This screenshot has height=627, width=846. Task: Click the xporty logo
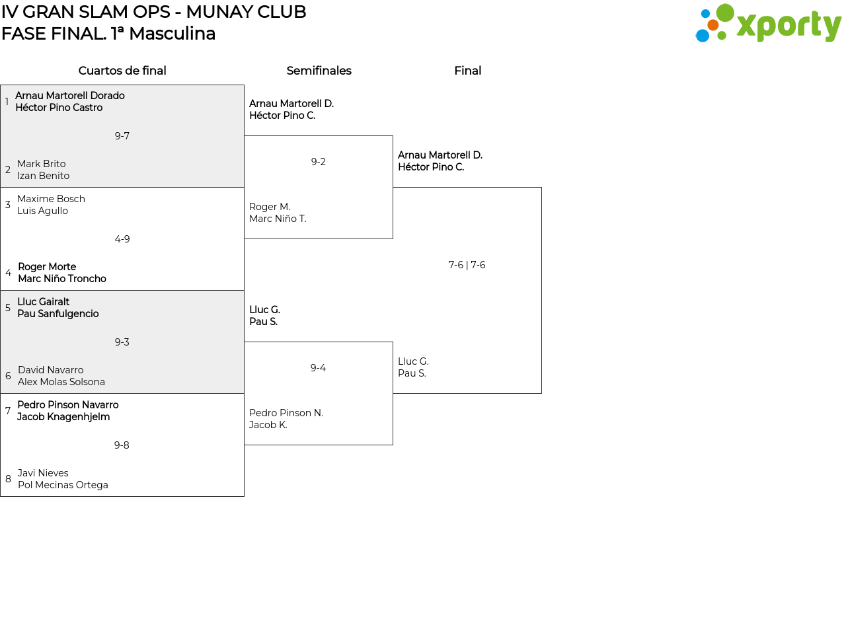pyautogui.click(x=768, y=24)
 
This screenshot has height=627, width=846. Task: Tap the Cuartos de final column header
pyautogui.click(x=122, y=71)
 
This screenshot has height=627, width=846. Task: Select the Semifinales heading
pyautogui.click(x=319, y=71)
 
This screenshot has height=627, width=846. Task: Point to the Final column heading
pyautogui.click(x=467, y=71)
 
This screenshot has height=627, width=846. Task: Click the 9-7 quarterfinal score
pyautogui.click(x=122, y=136)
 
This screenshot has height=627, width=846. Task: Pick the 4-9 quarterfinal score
pyautogui.click(x=122, y=239)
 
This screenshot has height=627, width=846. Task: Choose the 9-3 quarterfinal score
pyautogui.click(x=122, y=342)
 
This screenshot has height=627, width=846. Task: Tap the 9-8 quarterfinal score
pyautogui.click(x=122, y=445)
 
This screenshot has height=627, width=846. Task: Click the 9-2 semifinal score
pyautogui.click(x=319, y=162)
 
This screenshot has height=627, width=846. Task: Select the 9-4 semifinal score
pyautogui.click(x=318, y=368)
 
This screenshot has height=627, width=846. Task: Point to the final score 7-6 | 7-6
pyautogui.click(x=467, y=265)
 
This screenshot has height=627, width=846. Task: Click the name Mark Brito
pyautogui.click(x=42, y=164)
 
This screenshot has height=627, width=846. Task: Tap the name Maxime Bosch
pyautogui.click(x=51, y=199)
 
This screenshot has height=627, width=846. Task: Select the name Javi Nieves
pyautogui.click(x=43, y=473)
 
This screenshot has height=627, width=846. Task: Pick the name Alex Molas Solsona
pyautogui.click(x=61, y=382)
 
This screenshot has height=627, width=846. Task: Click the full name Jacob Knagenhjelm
pyautogui.click(x=63, y=417)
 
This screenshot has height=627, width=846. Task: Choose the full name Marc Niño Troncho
pyautogui.click(x=62, y=279)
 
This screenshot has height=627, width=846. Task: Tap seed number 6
pyautogui.click(x=8, y=376)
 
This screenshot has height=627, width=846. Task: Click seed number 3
pyautogui.click(x=8, y=205)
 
